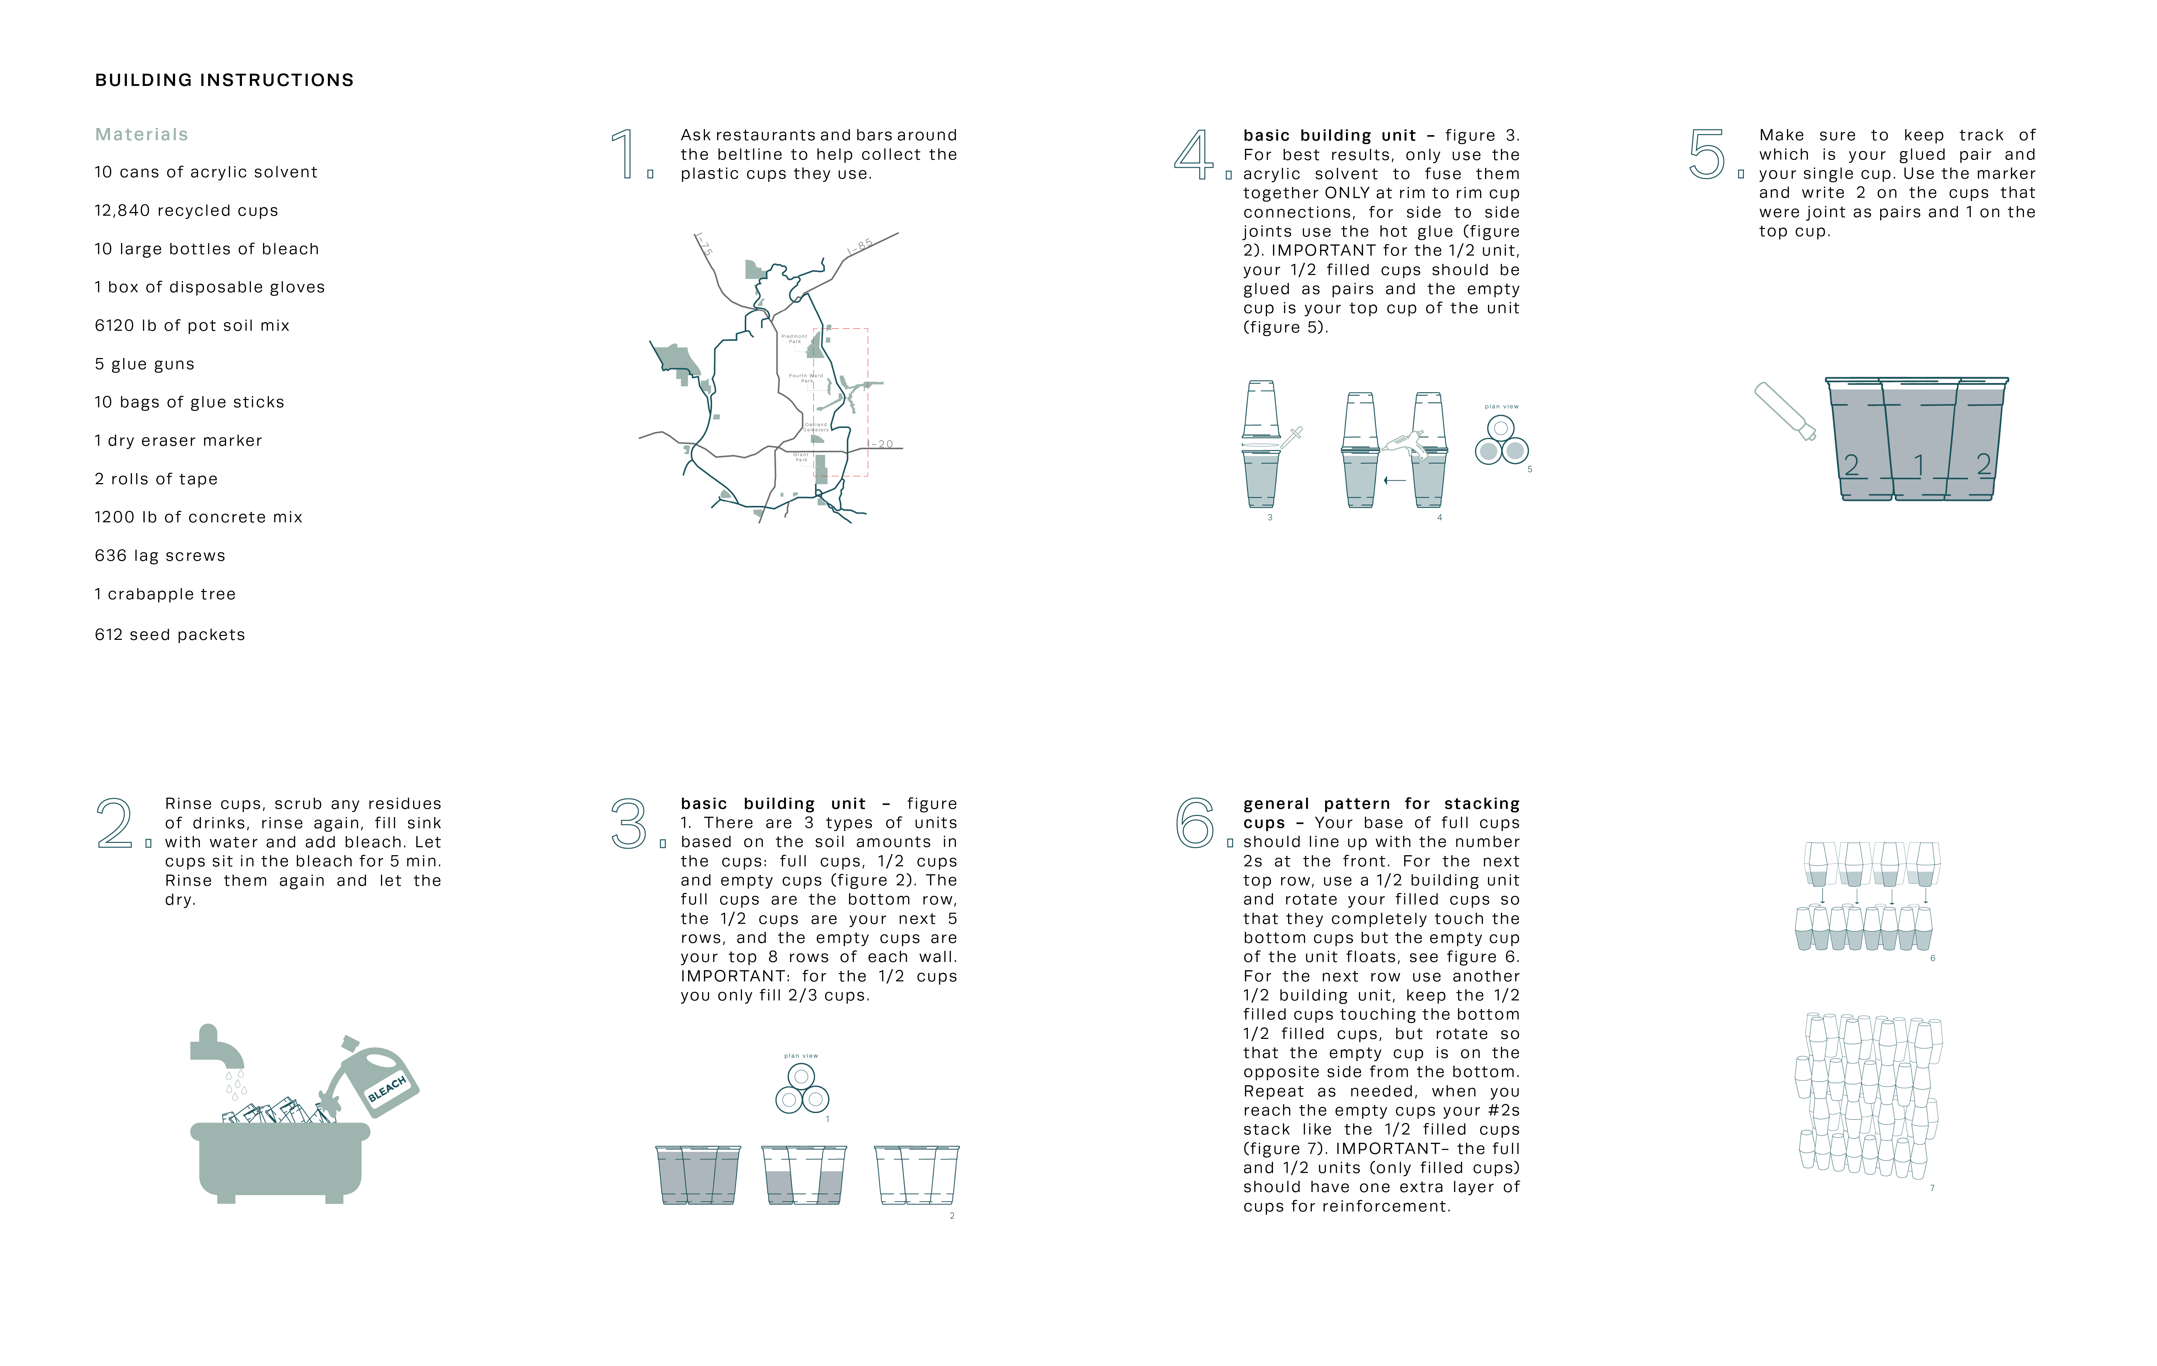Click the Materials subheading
(142, 134)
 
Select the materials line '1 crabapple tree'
(165, 594)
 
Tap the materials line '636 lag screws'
(160, 555)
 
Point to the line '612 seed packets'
(169, 634)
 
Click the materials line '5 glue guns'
(144, 364)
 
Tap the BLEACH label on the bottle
(387, 1088)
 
